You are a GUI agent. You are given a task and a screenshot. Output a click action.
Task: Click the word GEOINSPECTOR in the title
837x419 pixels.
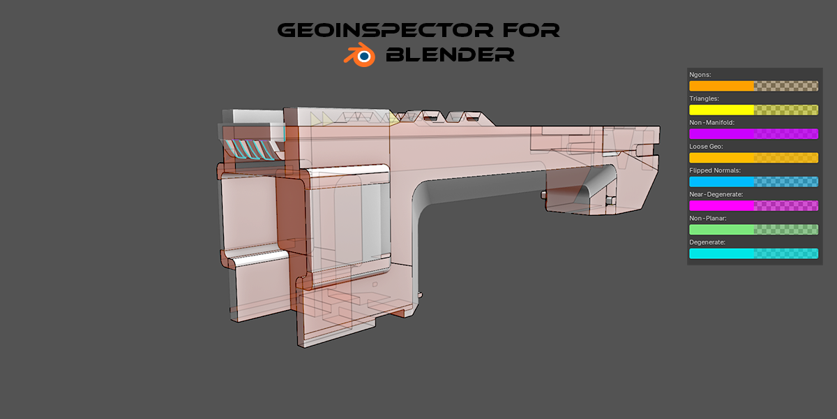pos(385,30)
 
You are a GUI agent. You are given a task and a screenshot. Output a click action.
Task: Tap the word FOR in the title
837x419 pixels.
pos(531,30)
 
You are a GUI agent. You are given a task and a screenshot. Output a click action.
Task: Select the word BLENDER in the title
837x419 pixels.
pos(451,54)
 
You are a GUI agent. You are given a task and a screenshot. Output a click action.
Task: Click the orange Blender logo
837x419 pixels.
pos(359,55)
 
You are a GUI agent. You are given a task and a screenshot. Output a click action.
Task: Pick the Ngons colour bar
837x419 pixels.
pos(754,86)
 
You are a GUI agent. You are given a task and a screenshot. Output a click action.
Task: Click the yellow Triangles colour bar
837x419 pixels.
pos(754,110)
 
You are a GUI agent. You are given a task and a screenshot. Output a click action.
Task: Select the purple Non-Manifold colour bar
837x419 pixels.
pos(754,134)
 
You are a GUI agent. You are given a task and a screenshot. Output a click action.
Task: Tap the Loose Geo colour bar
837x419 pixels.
pos(754,158)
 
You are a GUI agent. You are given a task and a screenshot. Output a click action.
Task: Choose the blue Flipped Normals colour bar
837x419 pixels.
pos(754,182)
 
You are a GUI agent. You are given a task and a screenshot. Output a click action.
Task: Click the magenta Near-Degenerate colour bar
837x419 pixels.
pos(754,206)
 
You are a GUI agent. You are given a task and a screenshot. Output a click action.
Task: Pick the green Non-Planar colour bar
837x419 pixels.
pos(754,230)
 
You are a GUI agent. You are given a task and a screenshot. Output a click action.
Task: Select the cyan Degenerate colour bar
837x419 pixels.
pos(754,253)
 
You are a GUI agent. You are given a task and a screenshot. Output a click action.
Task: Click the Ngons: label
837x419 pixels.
pos(700,75)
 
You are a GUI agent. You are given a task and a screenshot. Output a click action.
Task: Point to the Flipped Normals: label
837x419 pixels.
pos(715,170)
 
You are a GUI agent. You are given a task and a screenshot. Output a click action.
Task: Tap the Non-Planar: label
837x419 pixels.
pos(708,219)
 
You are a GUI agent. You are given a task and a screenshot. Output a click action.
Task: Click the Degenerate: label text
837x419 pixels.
pos(707,242)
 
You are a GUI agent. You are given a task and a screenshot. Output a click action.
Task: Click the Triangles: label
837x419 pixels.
pos(704,98)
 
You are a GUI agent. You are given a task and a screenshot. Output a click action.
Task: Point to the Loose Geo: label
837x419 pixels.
pos(706,147)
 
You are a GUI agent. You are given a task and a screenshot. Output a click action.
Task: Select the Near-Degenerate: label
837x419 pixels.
pos(716,195)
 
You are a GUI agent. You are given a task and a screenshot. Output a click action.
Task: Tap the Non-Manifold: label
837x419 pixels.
pos(712,123)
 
